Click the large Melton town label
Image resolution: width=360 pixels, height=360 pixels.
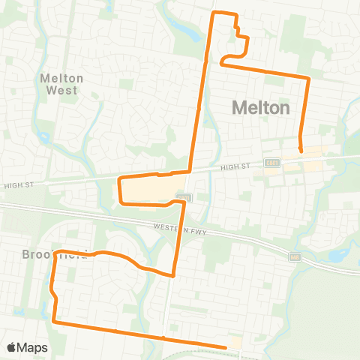pyautogui.click(x=260, y=107)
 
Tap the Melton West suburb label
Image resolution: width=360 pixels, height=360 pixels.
pyautogui.click(x=61, y=82)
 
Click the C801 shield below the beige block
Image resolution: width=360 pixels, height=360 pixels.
pyautogui.click(x=180, y=197)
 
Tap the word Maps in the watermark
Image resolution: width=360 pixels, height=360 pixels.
pyautogui.click(x=33, y=347)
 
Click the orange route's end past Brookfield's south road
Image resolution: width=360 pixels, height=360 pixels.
pyautogui.click(x=225, y=346)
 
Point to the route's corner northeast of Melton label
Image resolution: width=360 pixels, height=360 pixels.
pyautogui.click(x=308, y=77)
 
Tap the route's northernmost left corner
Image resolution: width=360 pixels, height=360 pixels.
pyautogui.click(x=216, y=13)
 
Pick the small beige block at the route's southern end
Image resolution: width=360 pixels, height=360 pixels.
pyautogui.click(x=235, y=343)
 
